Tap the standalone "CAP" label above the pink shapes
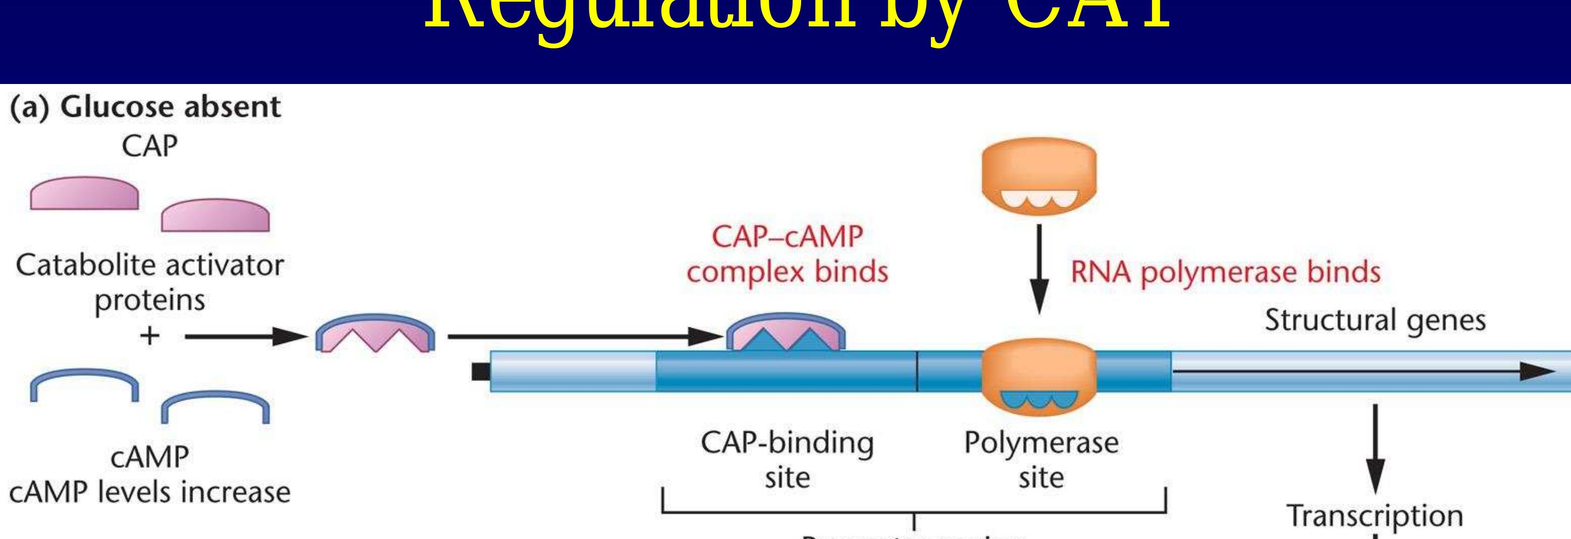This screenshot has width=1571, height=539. [x=149, y=146]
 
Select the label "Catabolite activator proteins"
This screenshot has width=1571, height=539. [x=149, y=282]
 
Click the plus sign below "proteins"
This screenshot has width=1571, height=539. [x=149, y=336]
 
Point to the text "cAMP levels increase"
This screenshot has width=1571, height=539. [x=149, y=492]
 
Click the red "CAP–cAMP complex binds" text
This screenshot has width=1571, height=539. [x=787, y=254]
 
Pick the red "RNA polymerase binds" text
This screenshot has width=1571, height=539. [x=1226, y=272]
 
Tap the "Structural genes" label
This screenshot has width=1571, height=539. [x=1375, y=320]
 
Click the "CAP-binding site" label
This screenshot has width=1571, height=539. [x=787, y=460]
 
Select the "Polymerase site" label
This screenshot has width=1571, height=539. [x=1041, y=460]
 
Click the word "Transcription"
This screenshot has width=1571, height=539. [x=1375, y=516]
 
